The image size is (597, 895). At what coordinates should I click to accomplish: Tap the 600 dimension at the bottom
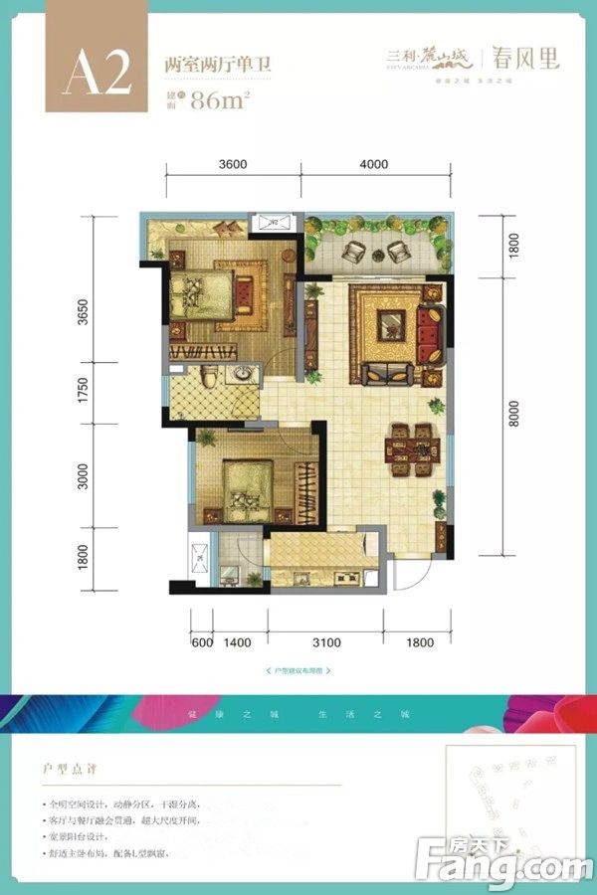pos(201,643)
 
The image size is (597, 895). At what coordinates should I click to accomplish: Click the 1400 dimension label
pos(237,643)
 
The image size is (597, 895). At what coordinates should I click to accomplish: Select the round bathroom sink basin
pos(240,375)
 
